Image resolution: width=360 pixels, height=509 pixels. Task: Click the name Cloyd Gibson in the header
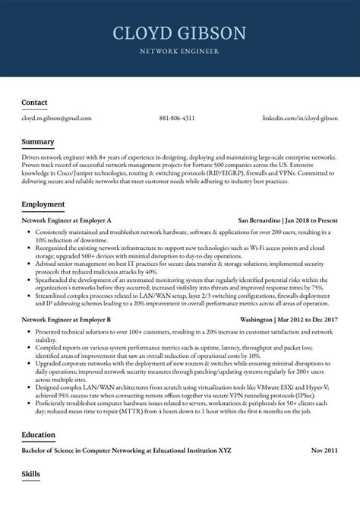179,33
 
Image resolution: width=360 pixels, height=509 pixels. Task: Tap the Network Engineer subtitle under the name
179,52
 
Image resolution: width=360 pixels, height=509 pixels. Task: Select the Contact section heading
34,102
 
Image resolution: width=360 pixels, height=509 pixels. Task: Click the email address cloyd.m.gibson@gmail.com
56,119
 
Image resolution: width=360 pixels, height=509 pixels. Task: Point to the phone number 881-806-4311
177,119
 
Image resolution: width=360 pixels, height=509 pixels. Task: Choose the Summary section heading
37,142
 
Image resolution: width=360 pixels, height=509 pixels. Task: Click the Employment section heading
43,204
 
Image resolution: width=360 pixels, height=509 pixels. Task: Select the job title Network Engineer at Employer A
67,219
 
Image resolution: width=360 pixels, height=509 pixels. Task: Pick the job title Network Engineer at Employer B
67,321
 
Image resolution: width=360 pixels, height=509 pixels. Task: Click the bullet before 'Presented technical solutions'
30,333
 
